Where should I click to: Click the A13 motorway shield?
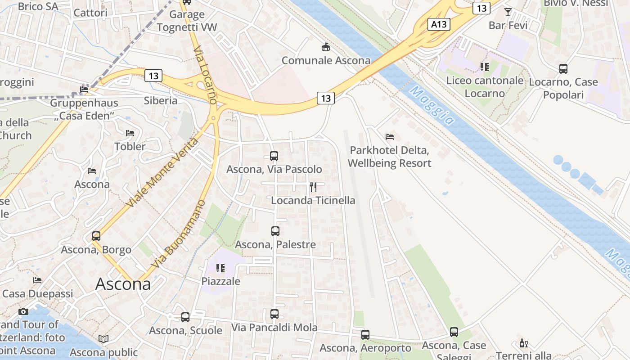pyautogui.click(x=438, y=24)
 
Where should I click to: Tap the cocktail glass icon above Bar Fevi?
pyautogui.click(x=508, y=12)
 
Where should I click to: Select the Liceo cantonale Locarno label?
pyautogui.click(x=485, y=87)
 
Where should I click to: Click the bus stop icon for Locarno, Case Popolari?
pyautogui.click(x=563, y=69)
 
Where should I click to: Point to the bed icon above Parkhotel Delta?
pyautogui.click(x=390, y=136)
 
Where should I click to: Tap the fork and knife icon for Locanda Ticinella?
pyautogui.click(x=313, y=187)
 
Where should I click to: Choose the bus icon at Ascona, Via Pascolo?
pyautogui.click(x=274, y=156)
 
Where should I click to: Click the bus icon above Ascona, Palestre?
pyautogui.click(x=275, y=231)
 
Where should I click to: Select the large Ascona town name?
pyautogui.click(x=123, y=284)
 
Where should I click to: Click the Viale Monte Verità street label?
pyautogui.click(x=162, y=173)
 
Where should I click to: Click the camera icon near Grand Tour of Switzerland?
pyautogui.click(x=23, y=311)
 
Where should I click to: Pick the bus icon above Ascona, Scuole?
pyautogui.click(x=185, y=317)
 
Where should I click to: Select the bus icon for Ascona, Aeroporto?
pyautogui.click(x=365, y=334)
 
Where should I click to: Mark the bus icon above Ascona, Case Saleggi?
pyautogui.click(x=454, y=332)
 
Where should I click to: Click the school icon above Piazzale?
pyautogui.click(x=220, y=268)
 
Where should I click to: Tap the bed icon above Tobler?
pyautogui.click(x=130, y=133)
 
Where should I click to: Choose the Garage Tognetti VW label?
pyautogui.click(x=187, y=21)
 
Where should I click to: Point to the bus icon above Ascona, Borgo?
pyautogui.click(x=96, y=236)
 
